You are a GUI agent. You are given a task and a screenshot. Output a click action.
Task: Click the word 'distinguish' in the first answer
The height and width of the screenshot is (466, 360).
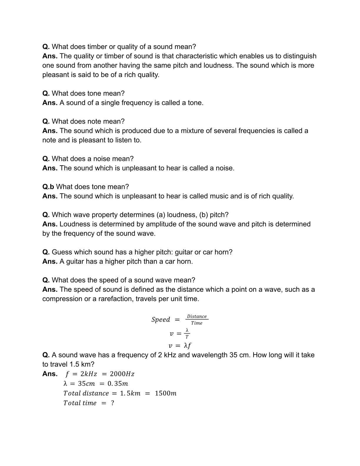point(300,56)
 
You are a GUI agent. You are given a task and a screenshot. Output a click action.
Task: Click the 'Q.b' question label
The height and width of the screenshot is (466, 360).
point(48,187)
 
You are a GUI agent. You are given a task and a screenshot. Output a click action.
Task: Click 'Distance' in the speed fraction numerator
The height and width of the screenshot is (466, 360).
point(197,317)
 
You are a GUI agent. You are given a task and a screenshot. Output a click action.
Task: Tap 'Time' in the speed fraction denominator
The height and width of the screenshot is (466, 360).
point(197,323)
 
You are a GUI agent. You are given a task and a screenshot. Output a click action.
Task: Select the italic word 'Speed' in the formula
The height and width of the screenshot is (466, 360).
point(161,319)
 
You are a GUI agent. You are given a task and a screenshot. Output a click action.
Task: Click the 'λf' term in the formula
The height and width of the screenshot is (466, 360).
point(188,345)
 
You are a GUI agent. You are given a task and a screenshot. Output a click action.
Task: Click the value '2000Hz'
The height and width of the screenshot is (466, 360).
point(122,374)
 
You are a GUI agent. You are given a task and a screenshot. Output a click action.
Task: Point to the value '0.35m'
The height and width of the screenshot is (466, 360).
point(118,384)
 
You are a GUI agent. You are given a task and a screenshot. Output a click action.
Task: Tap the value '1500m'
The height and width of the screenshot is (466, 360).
point(166,393)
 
